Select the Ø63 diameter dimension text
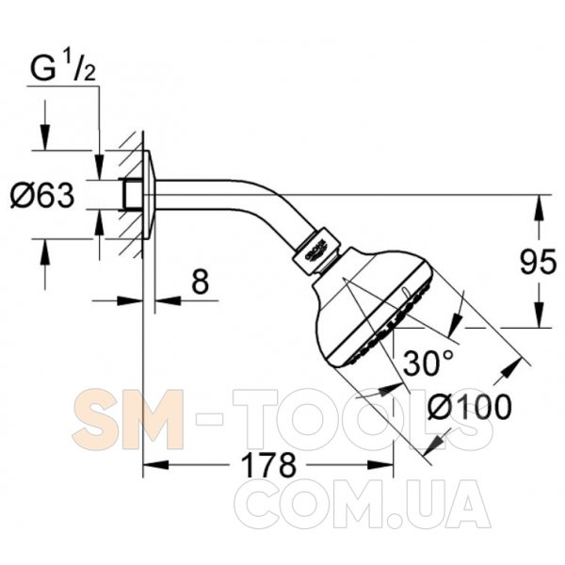(42, 195)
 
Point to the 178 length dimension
(268, 465)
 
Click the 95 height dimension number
(538, 262)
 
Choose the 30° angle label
(428, 363)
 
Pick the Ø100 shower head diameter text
(470, 407)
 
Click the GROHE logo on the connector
(316, 249)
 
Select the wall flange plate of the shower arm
(149, 194)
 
